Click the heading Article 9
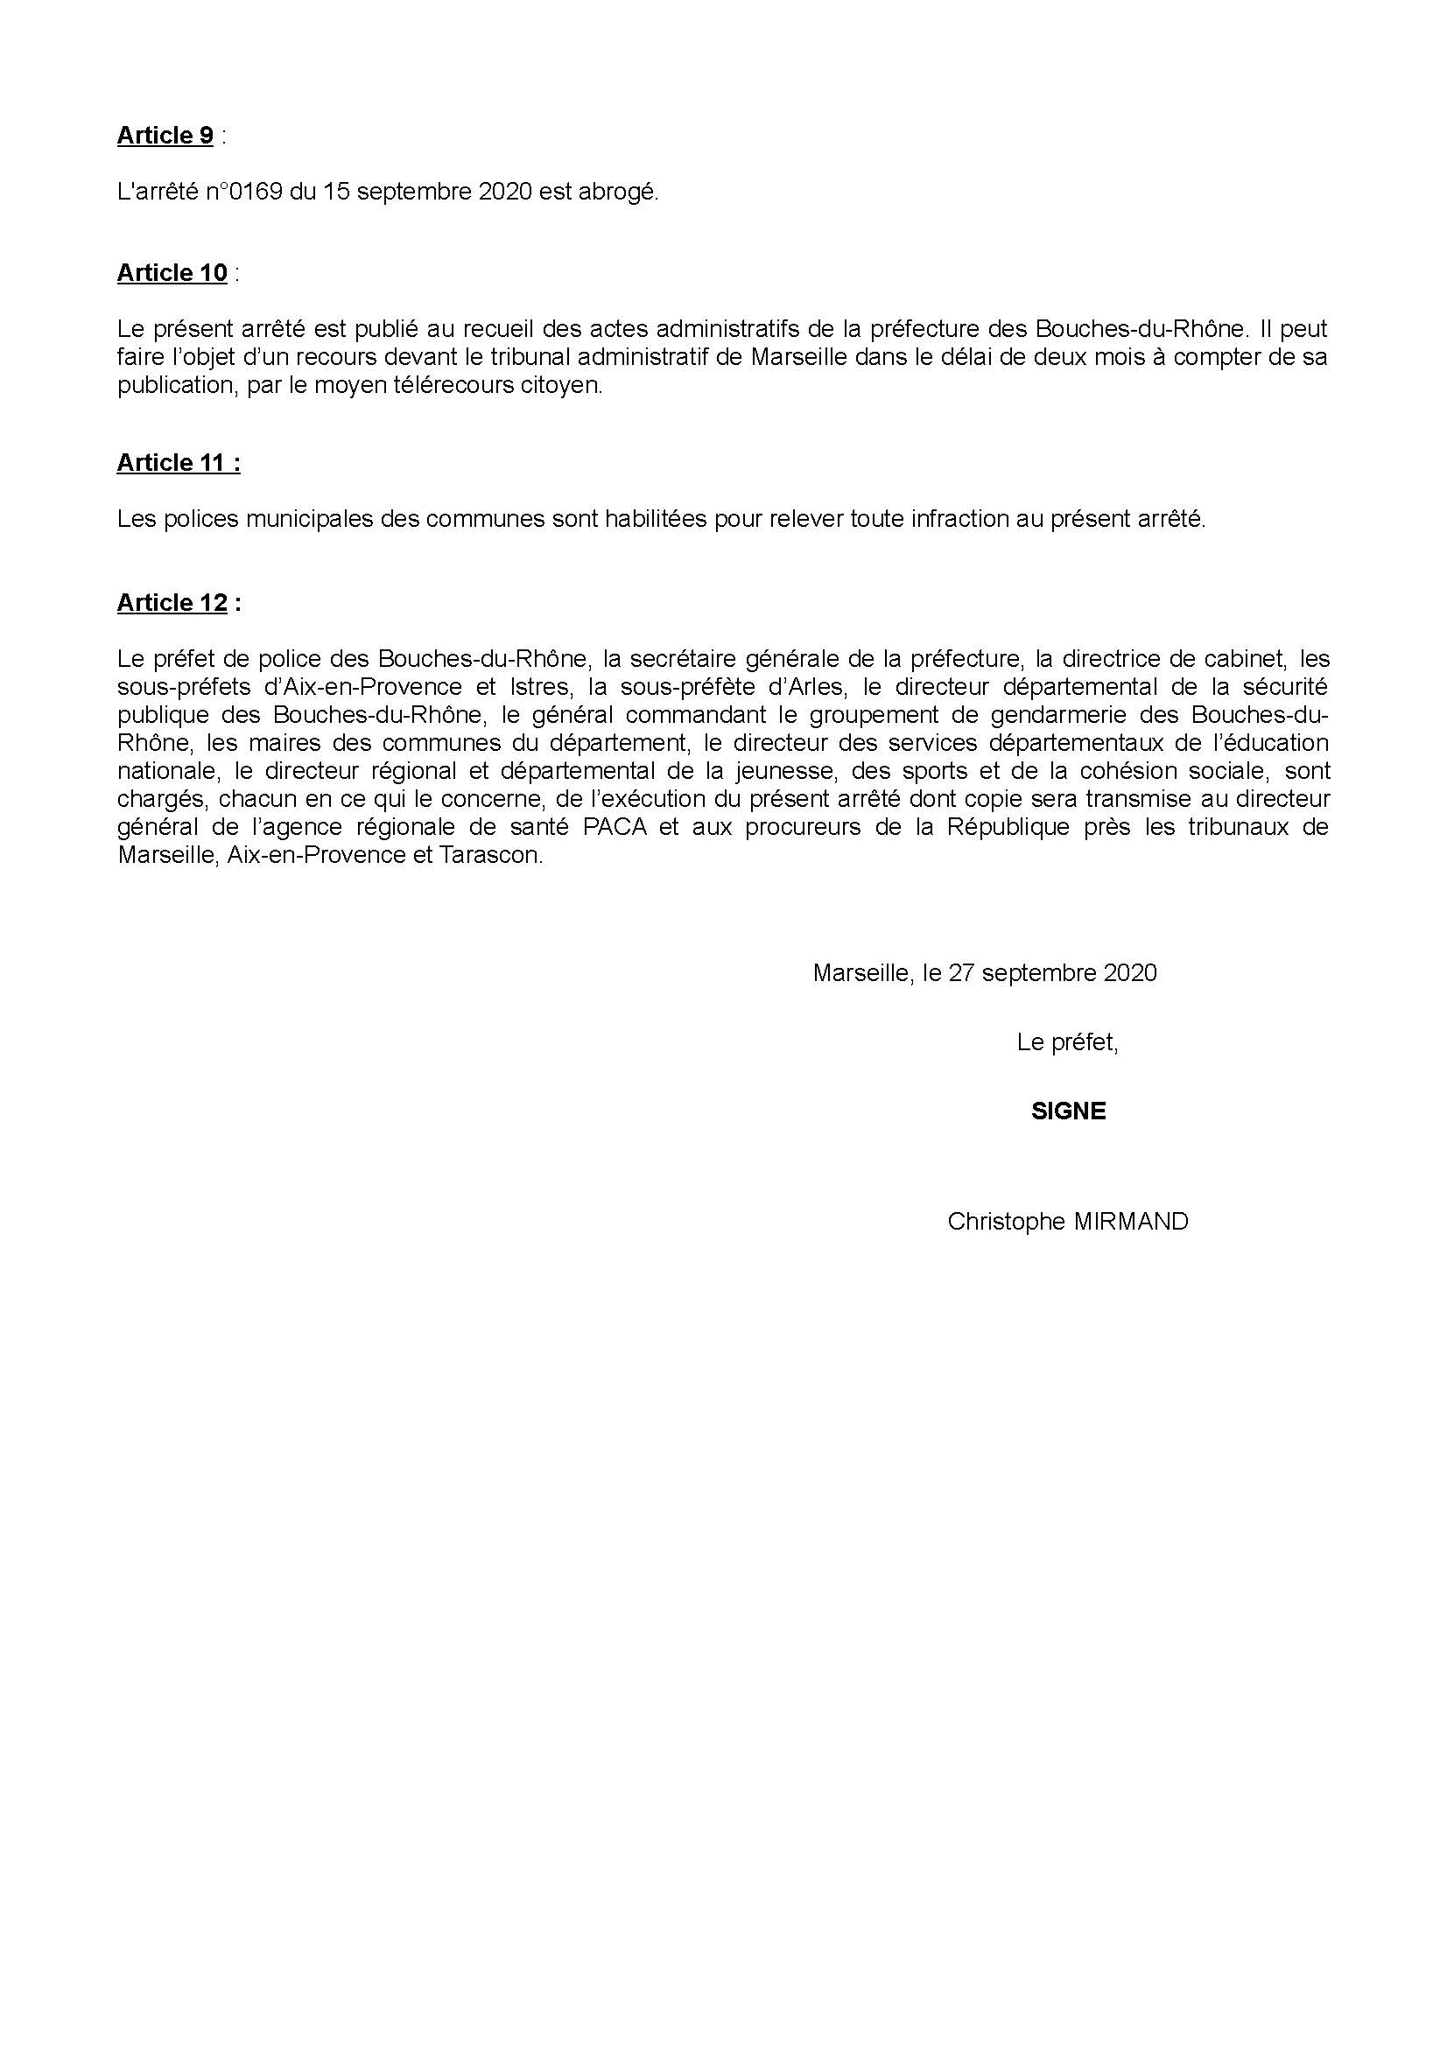coord(165,136)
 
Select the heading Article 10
coord(172,273)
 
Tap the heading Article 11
coord(179,463)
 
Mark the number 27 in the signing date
coord(961,972)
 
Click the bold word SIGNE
coord(1068,1111)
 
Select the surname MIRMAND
coord(1130,1222)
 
